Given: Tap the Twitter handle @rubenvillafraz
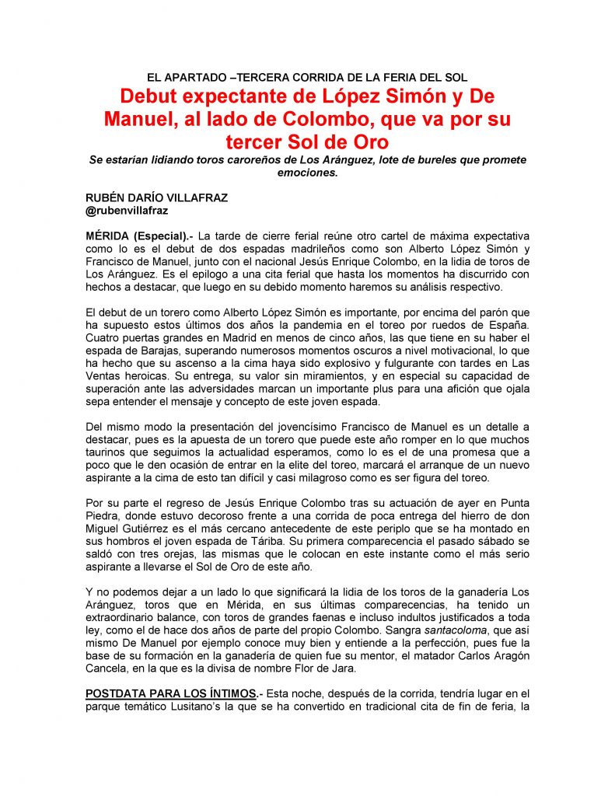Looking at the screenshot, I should point(127,210).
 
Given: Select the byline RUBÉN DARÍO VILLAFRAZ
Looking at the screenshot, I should point(156,197).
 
